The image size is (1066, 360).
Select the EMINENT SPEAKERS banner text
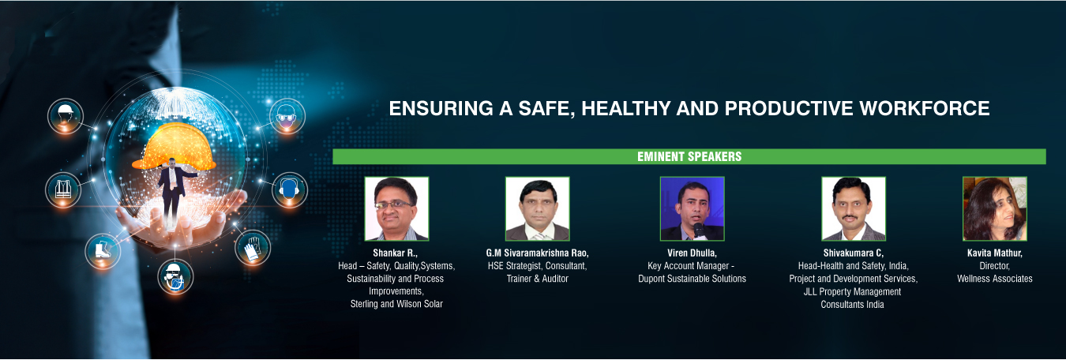pyautogui.click(x=689, y=156)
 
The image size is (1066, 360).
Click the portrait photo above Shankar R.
pyautogui.click(x=396, y=208)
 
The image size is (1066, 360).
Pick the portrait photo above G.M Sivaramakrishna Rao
pyautogui.click(x=537, y=208)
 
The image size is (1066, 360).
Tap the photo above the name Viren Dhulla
pyautogui.click(x=692, y=208)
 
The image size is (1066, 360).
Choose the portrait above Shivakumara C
pyautogui.click(x=854, y=208)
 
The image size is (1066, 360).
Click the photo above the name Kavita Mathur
pyautogui.click(x=995, y=208)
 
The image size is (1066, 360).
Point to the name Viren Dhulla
pyautogui.click(x=692, y=253)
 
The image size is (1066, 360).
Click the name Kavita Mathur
pyautogui.click(x=995, y=253)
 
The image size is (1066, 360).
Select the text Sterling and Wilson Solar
pyautogui.click(x=396, y=304)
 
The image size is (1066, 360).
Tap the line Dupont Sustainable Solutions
pyautogui.click(x=692, y=279)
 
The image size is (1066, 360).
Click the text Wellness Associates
pyautogui.click(x=995, y=279)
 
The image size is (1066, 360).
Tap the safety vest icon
pyautogui.click(x=63, y=189)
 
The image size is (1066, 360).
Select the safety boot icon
pyautogui.click(x=103, y=251)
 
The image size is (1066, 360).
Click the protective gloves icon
pyautogui.click(x=253, y=248)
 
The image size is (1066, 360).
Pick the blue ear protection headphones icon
pyautogui.click(x=289, y=189)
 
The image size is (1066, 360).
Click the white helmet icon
pyautogui.click(x=66, y=116)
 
